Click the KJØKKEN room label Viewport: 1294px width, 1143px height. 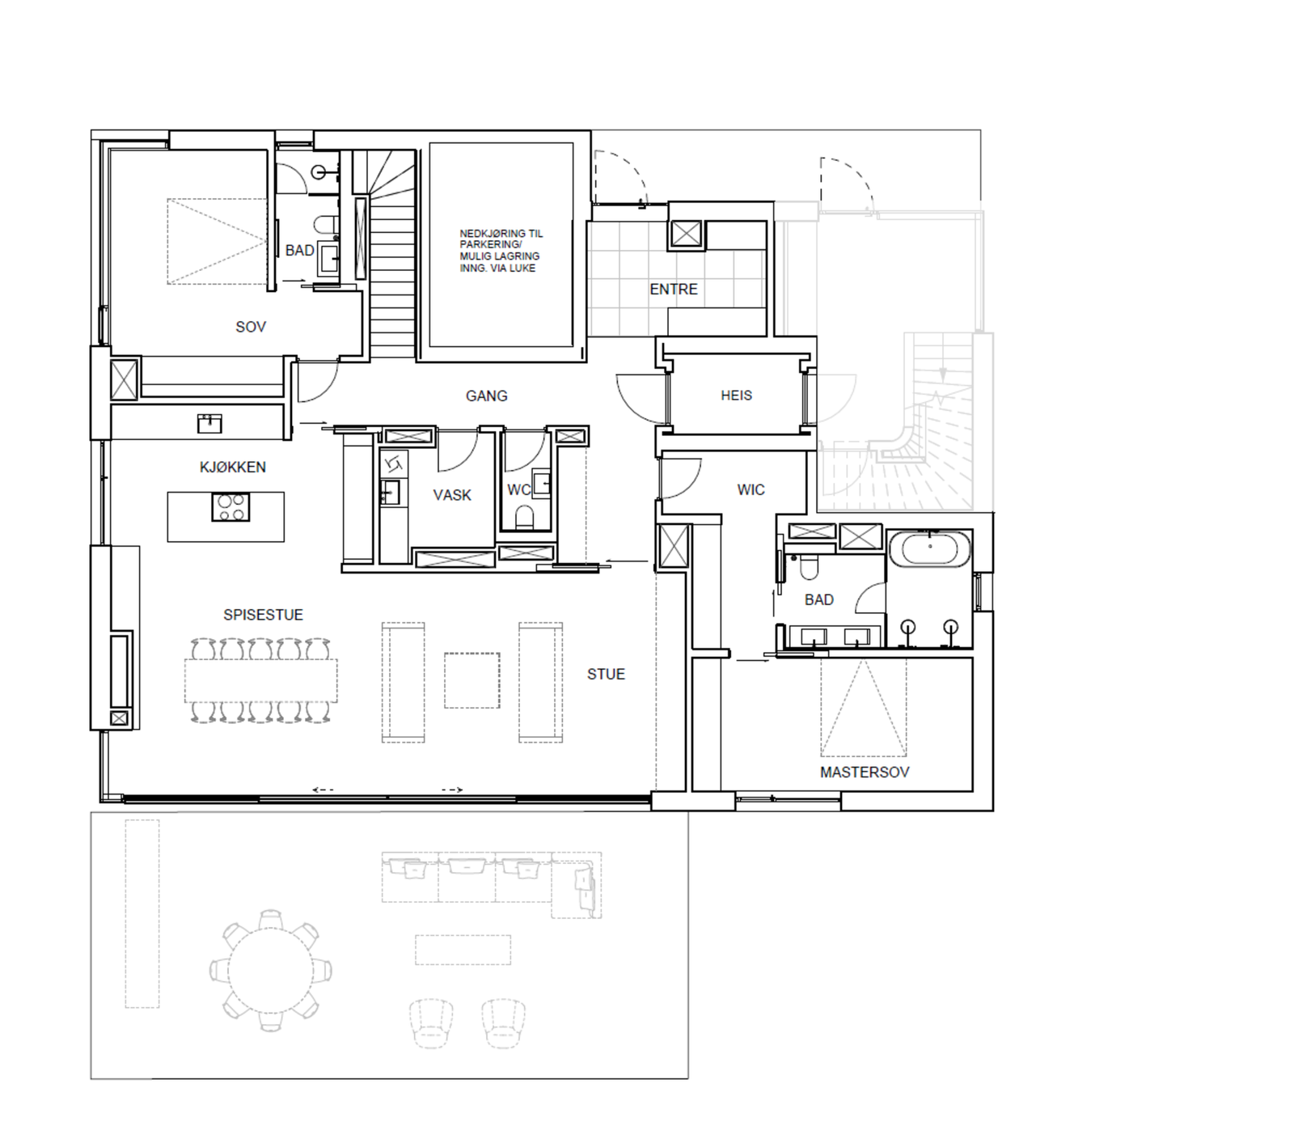[232, 467]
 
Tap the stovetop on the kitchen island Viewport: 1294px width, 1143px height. [230, 507]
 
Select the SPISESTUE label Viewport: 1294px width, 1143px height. [263, 615]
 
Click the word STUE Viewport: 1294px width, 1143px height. [606, 674]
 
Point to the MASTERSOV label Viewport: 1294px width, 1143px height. [864, 772]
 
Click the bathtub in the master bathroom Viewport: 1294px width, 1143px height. [929, 549]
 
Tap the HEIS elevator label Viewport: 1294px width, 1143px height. [736, 396]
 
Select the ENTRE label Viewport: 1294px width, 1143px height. [673, 289]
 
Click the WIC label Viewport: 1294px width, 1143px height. [751, 489]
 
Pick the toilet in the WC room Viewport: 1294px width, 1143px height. [524, 517]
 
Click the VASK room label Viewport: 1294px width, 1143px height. [451, 495]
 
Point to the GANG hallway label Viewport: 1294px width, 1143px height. [486, 396]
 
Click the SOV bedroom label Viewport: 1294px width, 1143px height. [250, 327]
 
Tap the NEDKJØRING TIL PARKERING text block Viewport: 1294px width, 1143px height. [501, 251]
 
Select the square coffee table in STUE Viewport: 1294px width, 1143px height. [472, 680]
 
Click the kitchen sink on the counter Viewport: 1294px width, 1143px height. [209, 423]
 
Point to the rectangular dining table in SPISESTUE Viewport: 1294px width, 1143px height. [260, 680]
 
